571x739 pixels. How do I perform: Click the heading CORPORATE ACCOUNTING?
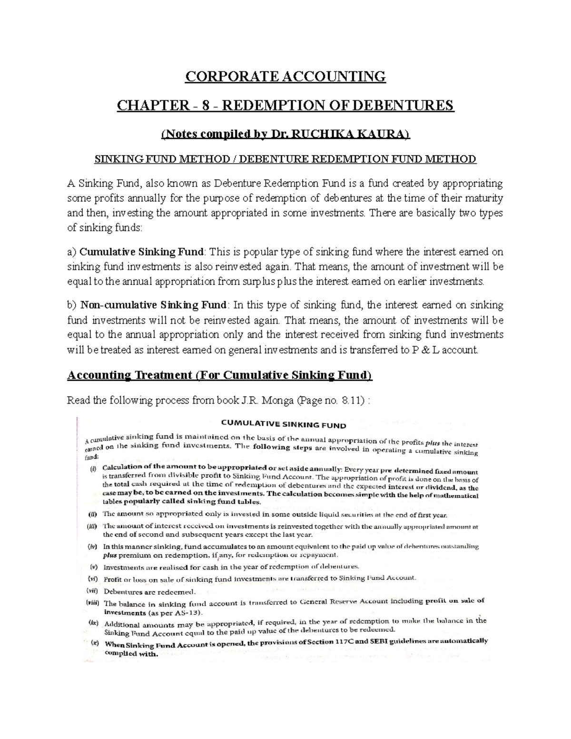click(x=285, y=76)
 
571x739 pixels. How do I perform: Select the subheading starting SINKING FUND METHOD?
click(x=285, y=159)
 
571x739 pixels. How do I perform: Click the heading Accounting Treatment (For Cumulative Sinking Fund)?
click(x=220, y=375)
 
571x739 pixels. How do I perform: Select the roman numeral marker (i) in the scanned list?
click(x=92, y=467)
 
